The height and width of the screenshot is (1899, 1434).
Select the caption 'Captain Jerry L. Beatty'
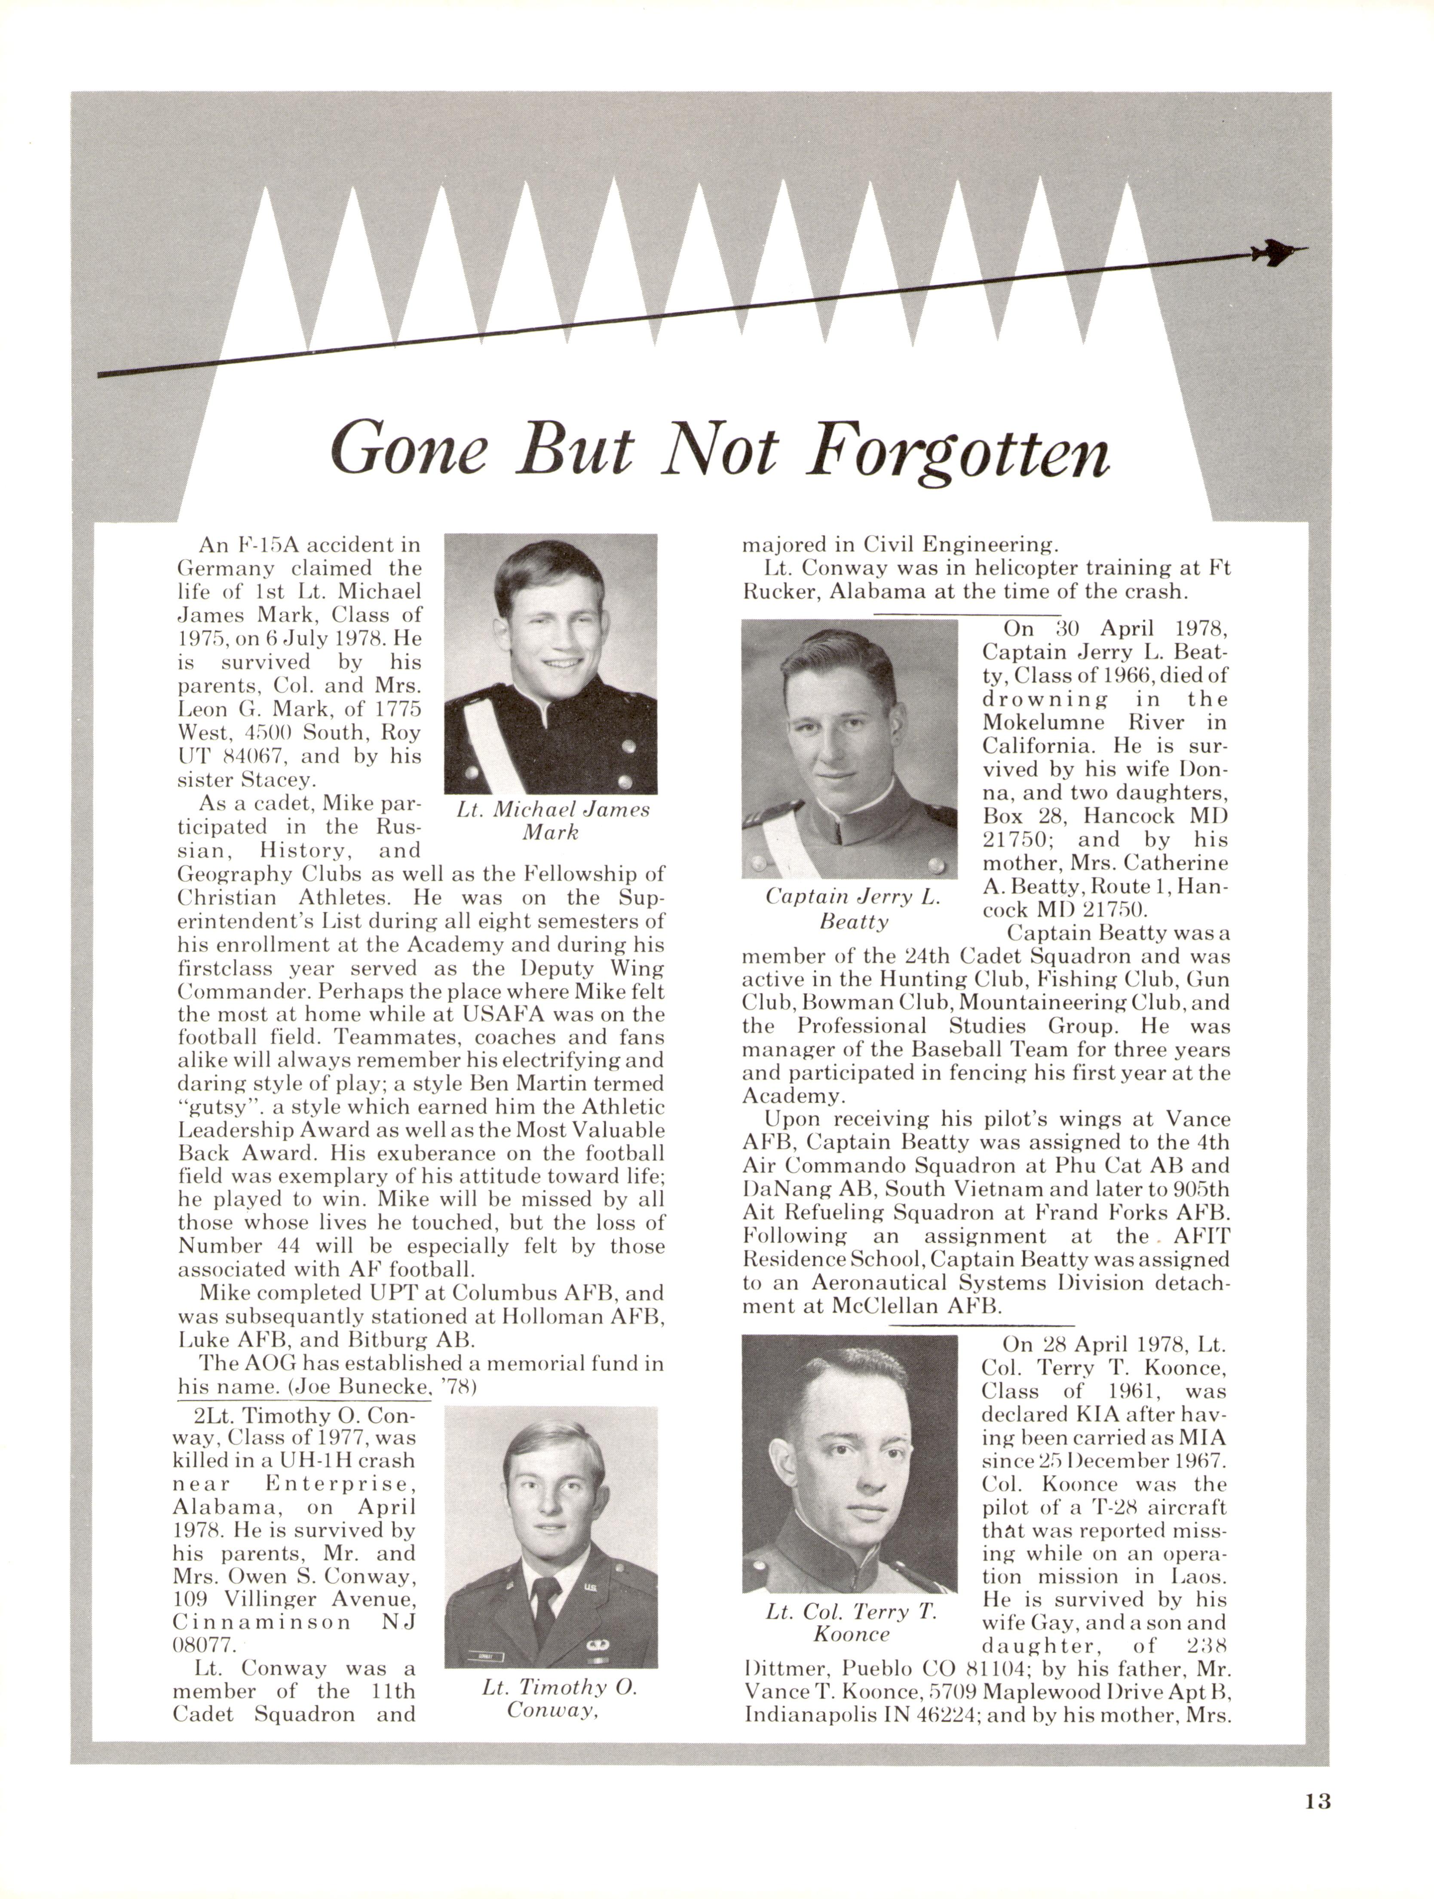click(853, 909)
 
